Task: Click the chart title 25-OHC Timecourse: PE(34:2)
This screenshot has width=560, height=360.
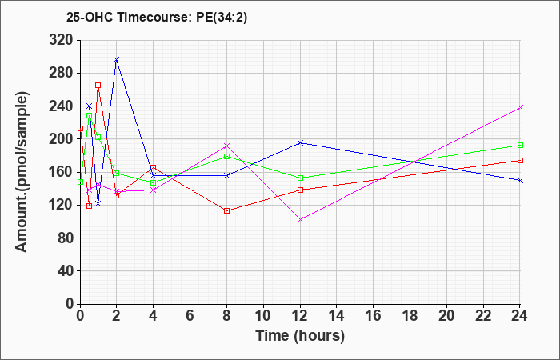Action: (x=157, y=18)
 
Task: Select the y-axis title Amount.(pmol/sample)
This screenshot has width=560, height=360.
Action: (x=22, y=172)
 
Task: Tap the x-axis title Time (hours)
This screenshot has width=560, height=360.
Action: (x=300, y=336)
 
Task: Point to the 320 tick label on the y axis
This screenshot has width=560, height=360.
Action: (x=60, y=40)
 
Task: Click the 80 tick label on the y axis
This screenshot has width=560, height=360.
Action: (x=64, y=238)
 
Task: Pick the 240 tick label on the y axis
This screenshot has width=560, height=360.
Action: (x=60, y=106)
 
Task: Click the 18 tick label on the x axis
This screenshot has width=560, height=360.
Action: (x=410, y=315)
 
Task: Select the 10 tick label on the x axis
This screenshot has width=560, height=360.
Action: (x=263, y=315)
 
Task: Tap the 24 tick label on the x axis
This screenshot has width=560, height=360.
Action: (x=520, y=315)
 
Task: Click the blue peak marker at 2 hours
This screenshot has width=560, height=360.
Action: (x=117, y=60)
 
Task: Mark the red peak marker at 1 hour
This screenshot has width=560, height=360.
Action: (x=98, y=86)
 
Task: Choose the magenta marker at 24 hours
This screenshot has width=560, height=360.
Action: (x=520, y=107)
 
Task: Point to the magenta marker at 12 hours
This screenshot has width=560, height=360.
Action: (x=300, y=220)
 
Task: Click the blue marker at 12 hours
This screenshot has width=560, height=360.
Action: (x=300, y=143)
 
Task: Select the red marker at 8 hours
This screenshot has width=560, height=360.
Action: (x=226, y=210)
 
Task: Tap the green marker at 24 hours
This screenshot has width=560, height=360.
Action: (x=520, y=145)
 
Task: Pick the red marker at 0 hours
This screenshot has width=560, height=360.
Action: (x=80, y=128)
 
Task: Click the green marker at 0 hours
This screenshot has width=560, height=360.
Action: (x=80, y=182)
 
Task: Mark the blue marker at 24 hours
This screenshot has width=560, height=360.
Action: (x=520, y=180)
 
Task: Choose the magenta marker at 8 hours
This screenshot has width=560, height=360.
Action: (x=226, y=146)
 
